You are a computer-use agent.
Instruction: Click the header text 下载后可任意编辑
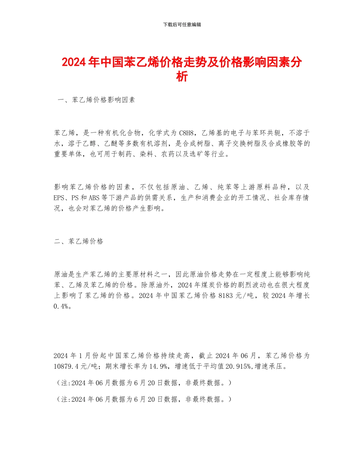(x=182, y=25)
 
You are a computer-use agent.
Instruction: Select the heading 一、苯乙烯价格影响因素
(x=96, y=100)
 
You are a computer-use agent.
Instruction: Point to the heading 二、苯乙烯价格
(x=79, y=241)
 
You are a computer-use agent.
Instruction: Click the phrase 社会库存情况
(x=293, y=198)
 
